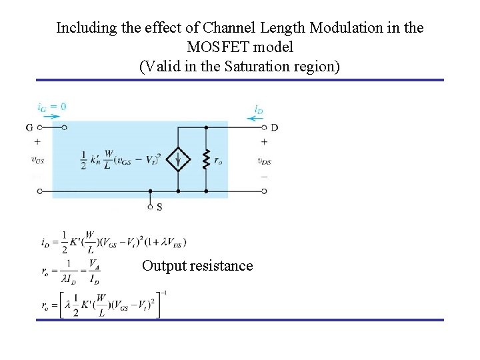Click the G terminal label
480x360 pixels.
coord(29,127)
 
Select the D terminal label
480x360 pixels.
coord(274,127)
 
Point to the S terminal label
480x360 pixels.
coord(159,207)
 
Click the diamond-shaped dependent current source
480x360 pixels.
coord(178,159)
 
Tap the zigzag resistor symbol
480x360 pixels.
coord(206,159)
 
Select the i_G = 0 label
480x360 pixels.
coord(51,106)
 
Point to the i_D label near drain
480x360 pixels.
coord(260,108)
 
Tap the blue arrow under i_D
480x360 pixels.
coord(256,119)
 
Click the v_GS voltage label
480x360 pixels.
coord(39,159)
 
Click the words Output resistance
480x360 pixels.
coord(197,266)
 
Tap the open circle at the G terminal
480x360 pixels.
coord(39,127)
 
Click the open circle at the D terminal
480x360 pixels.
coord(265,127)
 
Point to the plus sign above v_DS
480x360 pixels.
coord(265,141)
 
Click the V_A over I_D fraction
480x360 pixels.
coord(95,269)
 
